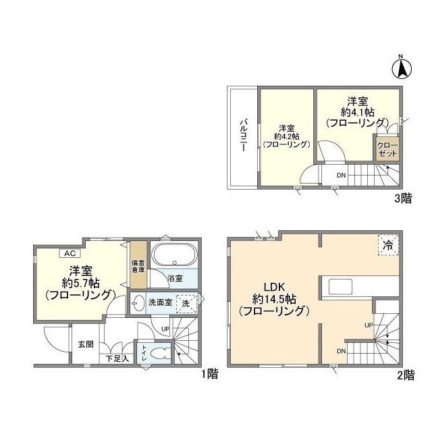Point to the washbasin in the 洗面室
click(138, 302)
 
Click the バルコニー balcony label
click(242, 136)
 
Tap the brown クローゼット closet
click(387, 148)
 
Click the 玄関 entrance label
click(84, 344)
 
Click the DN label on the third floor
click(342, 175)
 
